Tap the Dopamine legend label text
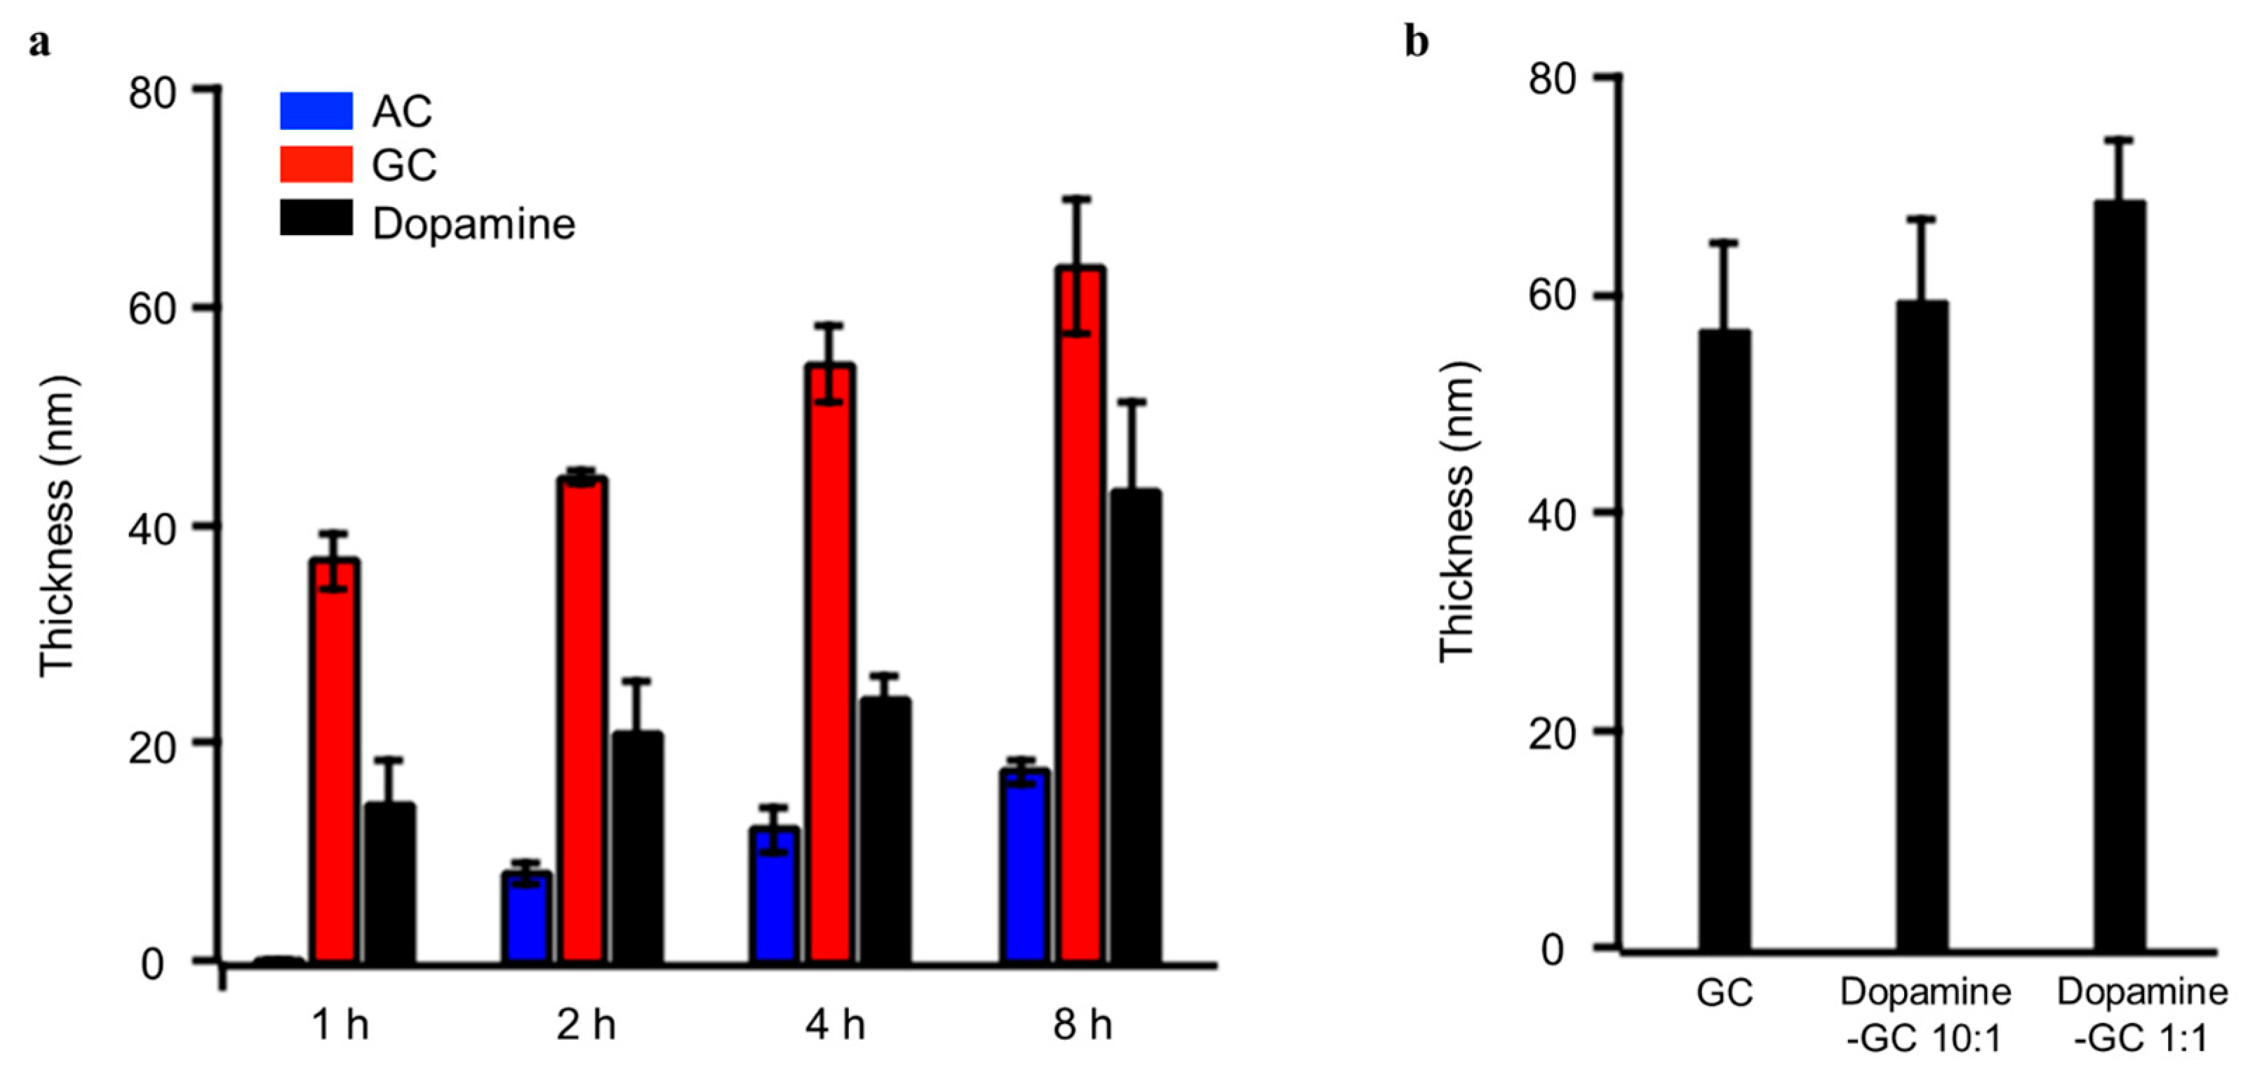474,224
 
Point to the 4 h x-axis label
835,1026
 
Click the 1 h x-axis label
340,1026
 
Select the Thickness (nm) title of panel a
58,526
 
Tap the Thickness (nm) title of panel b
1456,512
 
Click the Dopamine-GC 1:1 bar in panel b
2120,575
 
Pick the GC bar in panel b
1724,639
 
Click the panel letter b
1417,42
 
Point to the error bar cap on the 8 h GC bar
1077,199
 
